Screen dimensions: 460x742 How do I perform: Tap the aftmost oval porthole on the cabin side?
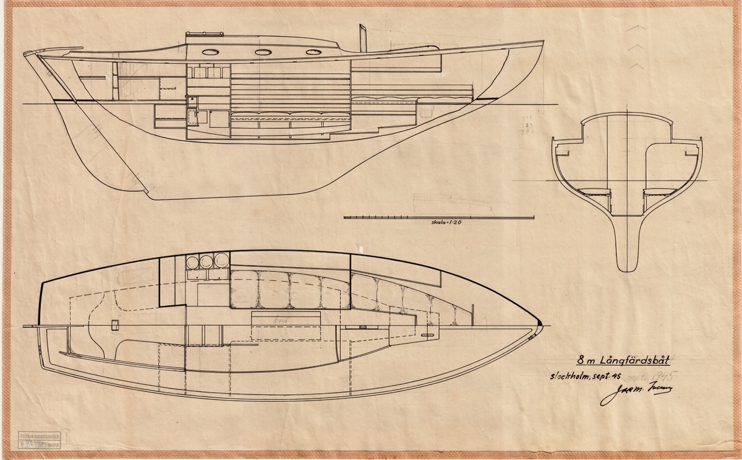[210, 52]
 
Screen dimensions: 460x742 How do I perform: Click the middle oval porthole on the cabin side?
[263, 52]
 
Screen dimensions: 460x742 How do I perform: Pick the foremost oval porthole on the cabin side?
[314, 52]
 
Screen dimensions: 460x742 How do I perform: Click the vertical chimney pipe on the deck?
[363, 39]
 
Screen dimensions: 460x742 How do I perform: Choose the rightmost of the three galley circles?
[221, 260]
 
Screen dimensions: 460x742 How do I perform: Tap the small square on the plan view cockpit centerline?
[114, 324]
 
